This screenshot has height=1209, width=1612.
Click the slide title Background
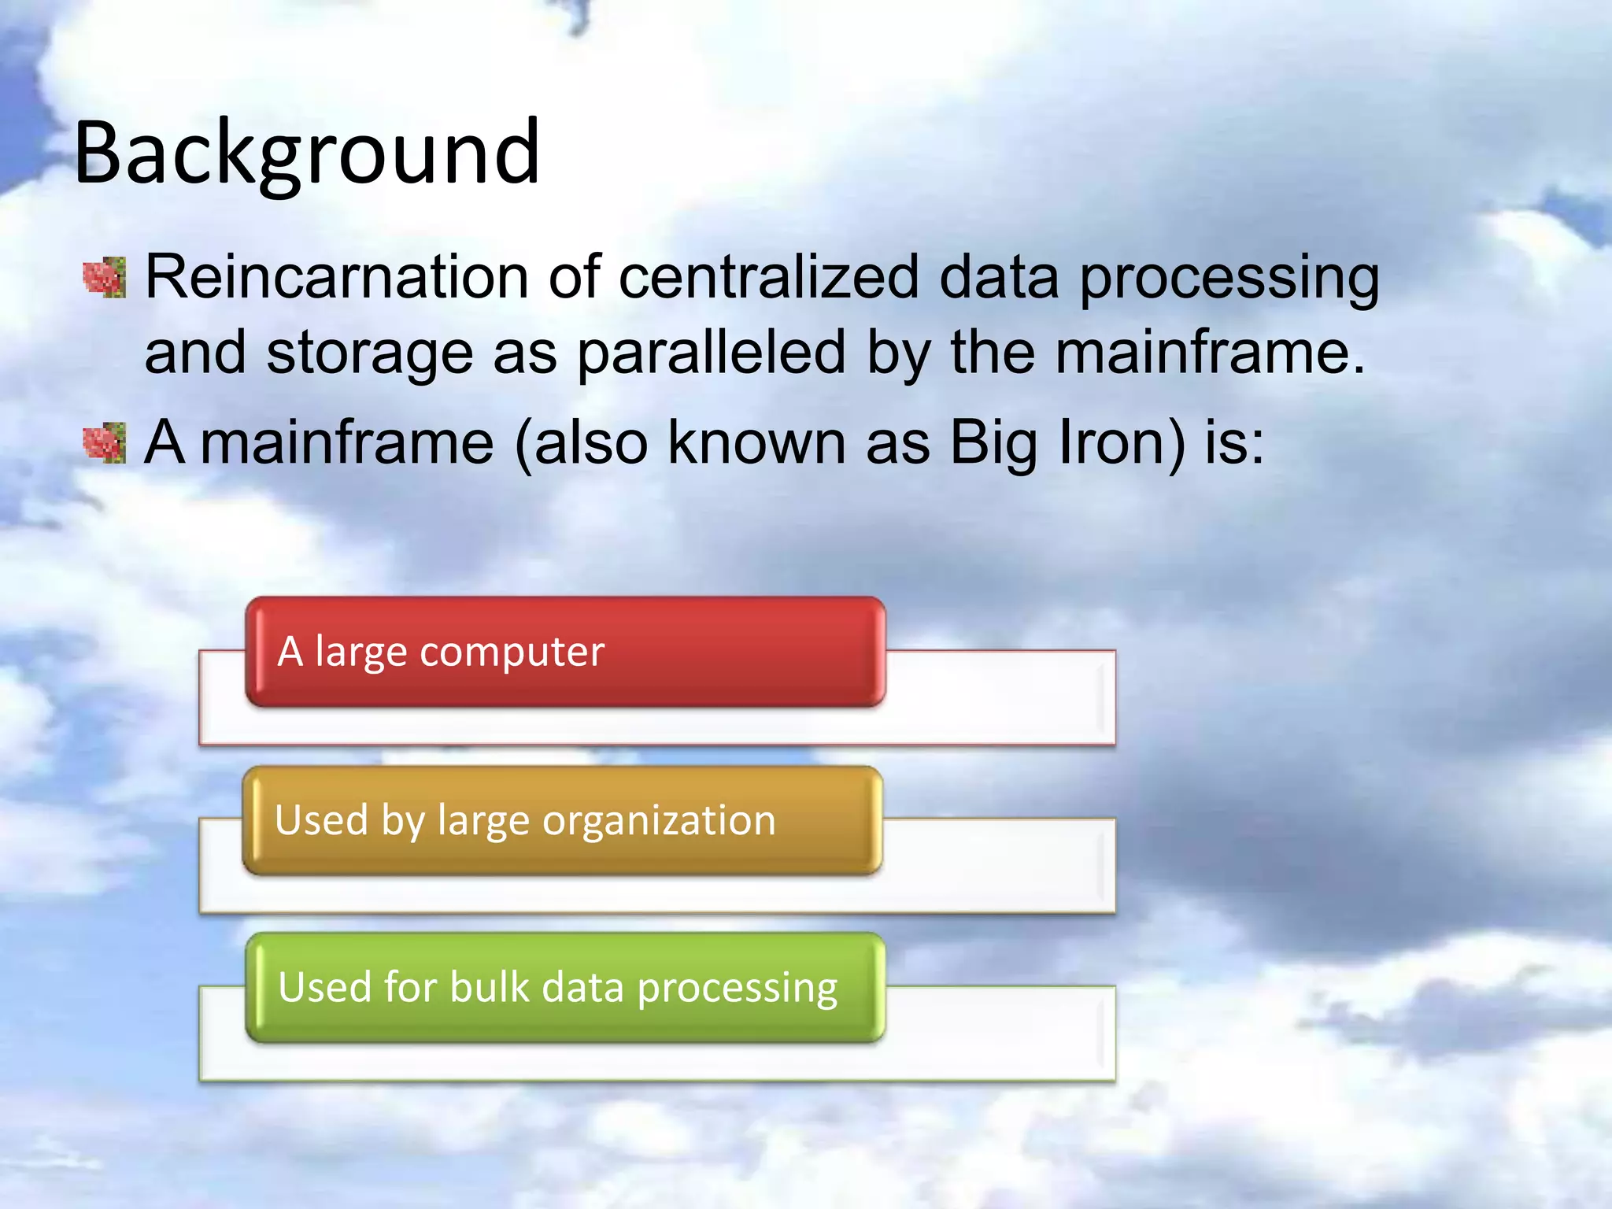click(307, 153)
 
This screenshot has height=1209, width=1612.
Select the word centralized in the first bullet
click(768, 277)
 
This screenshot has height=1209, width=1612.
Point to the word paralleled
click(712, 353)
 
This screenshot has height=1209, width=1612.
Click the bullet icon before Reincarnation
click(105, 277)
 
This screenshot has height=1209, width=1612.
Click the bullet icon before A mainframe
click(105, 442)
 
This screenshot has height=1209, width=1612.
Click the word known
click(756, 442)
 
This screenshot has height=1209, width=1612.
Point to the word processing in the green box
click(737, 989)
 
